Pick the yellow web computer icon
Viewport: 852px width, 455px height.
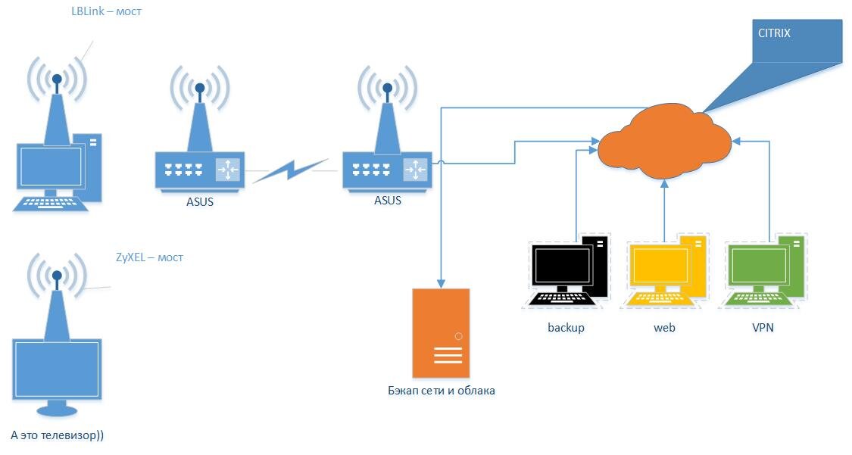click(x=665, y=270)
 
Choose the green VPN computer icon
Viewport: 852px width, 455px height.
click(x=763, y=270)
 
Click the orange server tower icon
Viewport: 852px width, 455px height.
click(x=441, y=332)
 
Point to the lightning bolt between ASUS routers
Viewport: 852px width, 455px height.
click(x=290, y=172)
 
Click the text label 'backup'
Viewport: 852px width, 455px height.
click(x=566, y=328)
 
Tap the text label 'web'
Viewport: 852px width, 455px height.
click(x=664, y=328)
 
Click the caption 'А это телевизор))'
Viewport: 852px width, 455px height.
click(x=62, y=435)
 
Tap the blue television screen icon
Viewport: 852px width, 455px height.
click(x=57, y=371)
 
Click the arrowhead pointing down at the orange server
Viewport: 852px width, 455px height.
click(x=441, y=283)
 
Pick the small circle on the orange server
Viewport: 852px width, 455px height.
click(x=458, y=335)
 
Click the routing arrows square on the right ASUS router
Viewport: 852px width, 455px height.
click(x=416, y=170)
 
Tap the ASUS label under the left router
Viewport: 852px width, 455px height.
click(x=199, y=201)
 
